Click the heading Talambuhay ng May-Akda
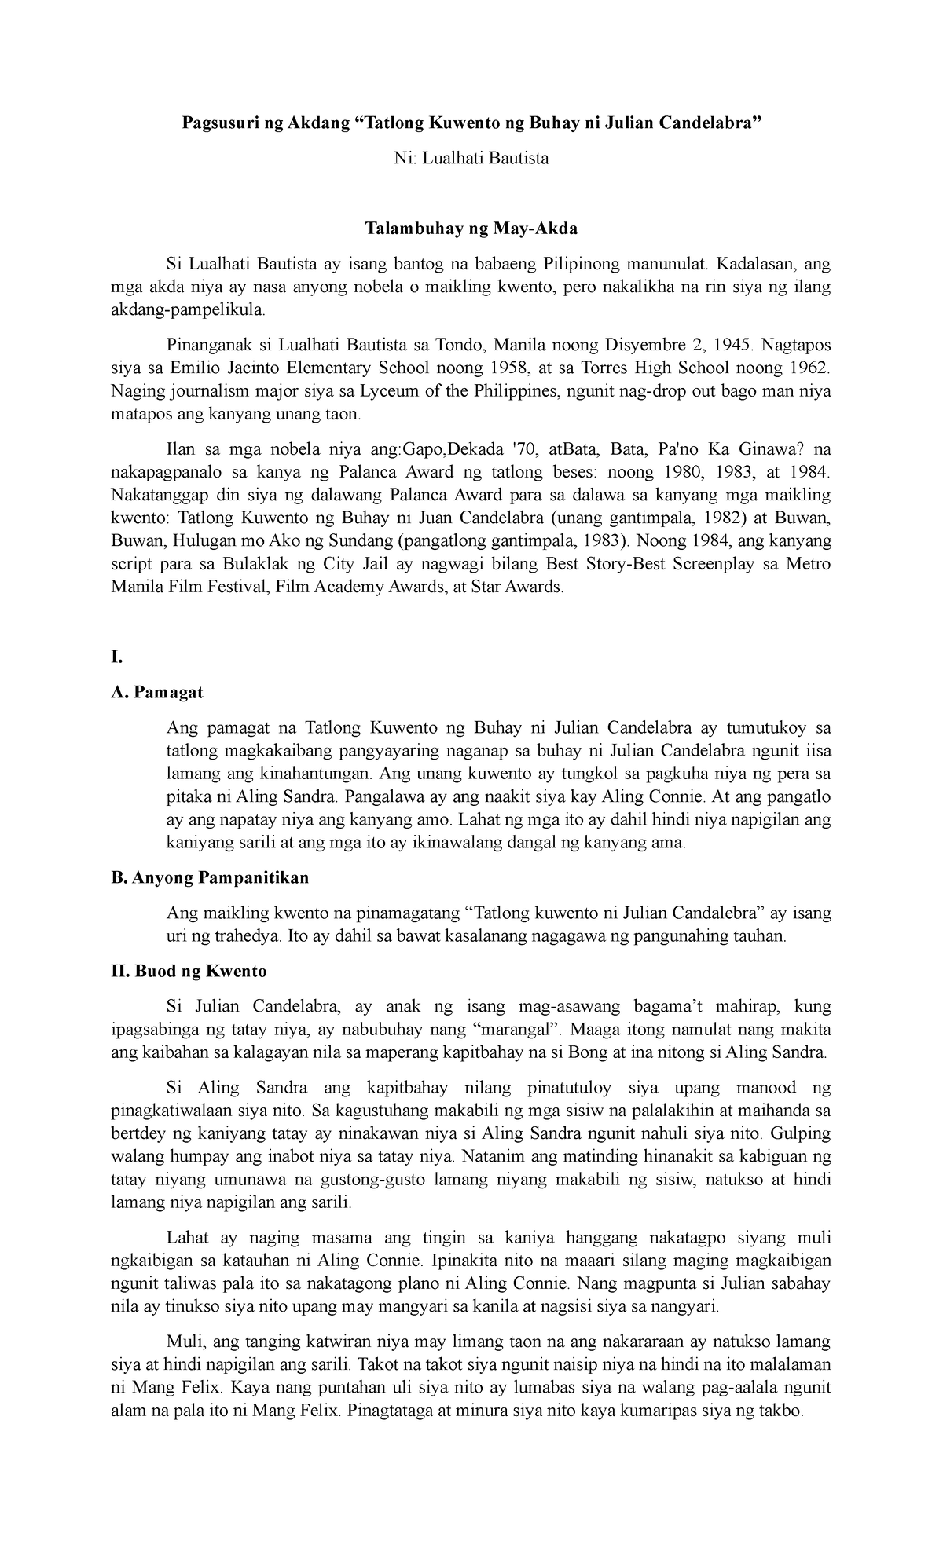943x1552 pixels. point(471,229)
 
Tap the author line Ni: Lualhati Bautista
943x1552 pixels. point(472,159)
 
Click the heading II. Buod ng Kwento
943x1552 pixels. point(189,972)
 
